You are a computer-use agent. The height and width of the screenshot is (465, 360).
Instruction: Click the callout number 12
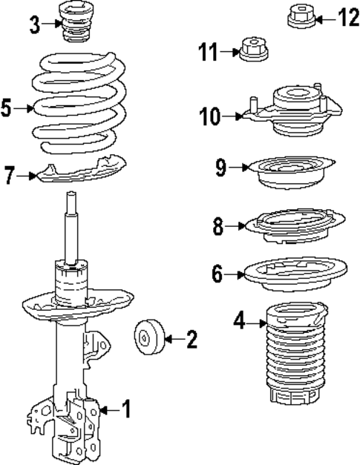point(348,18)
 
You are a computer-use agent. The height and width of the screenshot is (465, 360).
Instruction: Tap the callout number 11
point(209,52)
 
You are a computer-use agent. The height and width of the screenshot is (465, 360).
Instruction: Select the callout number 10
point(210,116)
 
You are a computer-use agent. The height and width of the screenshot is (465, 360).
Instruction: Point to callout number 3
point(35,25)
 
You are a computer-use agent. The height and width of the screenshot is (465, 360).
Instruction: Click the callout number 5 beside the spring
point(7,108)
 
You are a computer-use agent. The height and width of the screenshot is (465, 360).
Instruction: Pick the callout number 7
point(10,175)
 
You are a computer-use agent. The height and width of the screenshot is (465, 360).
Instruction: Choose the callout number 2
point(192,339)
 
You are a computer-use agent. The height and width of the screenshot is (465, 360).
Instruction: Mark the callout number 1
point(127,409)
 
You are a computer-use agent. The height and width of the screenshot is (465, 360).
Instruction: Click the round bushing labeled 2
point(149,337)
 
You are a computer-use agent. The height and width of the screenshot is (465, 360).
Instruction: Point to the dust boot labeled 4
point(297,353)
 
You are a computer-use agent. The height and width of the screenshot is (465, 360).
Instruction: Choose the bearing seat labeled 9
point(292,173)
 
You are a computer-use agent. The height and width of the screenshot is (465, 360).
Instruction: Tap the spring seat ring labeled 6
point(295,274)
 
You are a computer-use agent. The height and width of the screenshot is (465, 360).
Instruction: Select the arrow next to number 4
point(256,323)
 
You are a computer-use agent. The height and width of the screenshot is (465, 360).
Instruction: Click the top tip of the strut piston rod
point(71,192)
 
